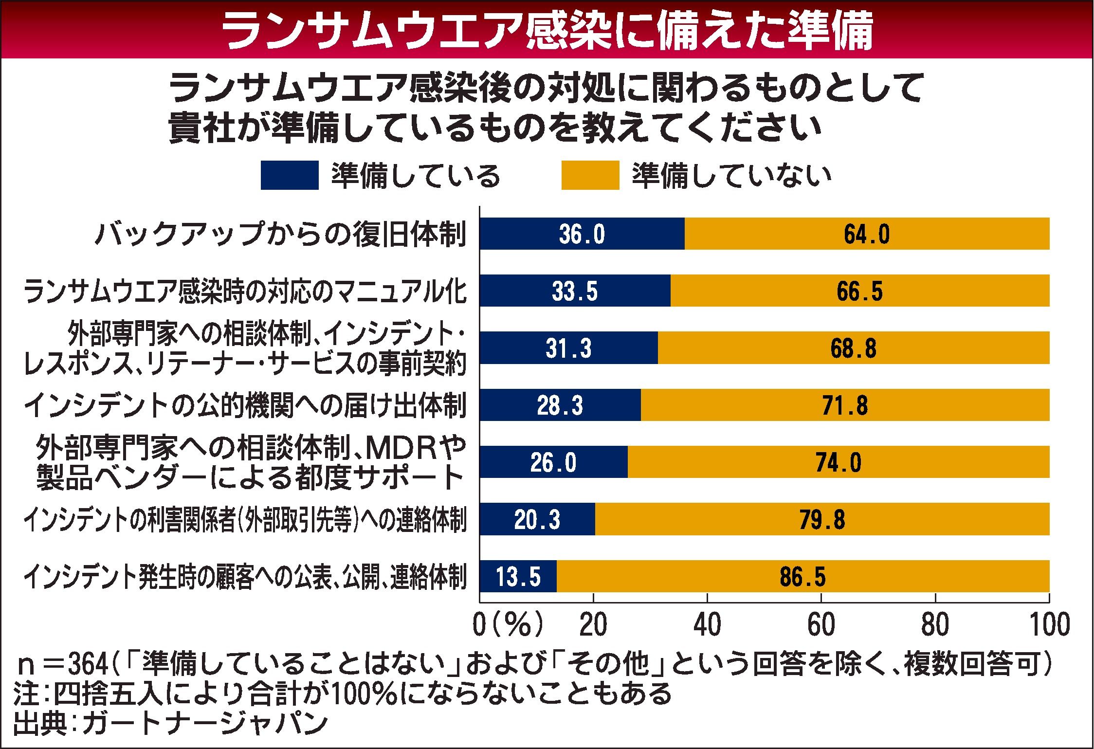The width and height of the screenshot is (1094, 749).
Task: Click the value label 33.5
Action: [x=574, y=292]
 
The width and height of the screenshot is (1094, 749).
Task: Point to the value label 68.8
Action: [x=853, y=348]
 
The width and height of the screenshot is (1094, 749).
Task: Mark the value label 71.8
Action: [x=845, y=405]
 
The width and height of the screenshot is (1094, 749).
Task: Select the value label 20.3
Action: [x=537, y=520]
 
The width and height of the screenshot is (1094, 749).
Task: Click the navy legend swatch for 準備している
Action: [x=290, y=176]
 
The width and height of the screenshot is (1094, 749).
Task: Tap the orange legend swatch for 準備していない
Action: [x=590, y=176]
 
